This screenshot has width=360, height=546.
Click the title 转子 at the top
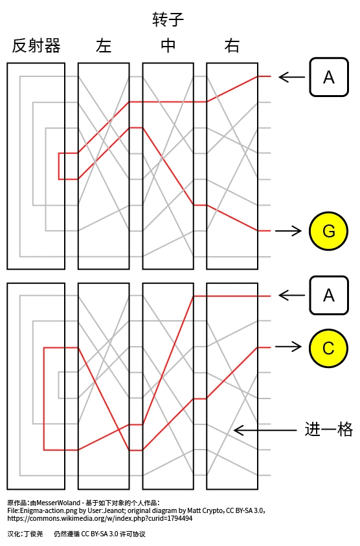tap(168, 19)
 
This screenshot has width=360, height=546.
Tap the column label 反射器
tap(36, 46)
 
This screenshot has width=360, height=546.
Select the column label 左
tap(104, 46)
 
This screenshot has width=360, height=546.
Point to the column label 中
tap(168, 46)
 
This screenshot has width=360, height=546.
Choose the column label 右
tap(232, 46)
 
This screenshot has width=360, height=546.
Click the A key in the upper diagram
tap(329, 77)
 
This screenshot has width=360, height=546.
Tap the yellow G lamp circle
tap(329, 231)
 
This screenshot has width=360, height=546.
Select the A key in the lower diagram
tap(329, 295)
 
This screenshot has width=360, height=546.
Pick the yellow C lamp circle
tap(329, 348)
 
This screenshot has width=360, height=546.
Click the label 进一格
tap(329, 429)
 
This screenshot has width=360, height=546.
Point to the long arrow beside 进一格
tap(265, 430)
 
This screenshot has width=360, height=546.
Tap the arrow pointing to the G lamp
tap(288, 230)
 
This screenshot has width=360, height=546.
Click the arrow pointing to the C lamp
tap(288, 347)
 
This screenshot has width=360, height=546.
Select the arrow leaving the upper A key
tap(292, 76)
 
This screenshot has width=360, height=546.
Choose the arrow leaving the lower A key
tap(292, 295)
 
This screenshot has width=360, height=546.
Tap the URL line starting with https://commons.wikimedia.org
tap(100, 518)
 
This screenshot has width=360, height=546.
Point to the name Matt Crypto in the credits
tap(206, 511)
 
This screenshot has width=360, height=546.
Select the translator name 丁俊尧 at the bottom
tap(33, 534)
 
